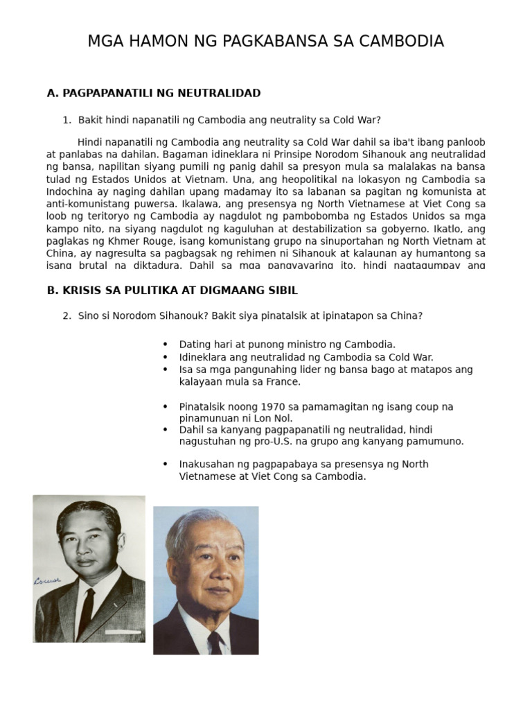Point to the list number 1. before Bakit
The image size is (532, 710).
[x=66, y=120]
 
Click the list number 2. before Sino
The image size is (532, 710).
[x=66, y=315]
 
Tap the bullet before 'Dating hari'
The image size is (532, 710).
[x=165, y=345]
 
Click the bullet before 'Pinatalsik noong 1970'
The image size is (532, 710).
[x=165, y=407]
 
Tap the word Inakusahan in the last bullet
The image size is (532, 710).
[x=205, y=465]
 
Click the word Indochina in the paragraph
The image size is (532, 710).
[x=70, y=191]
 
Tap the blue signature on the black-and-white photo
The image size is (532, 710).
[x=48, y=580]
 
